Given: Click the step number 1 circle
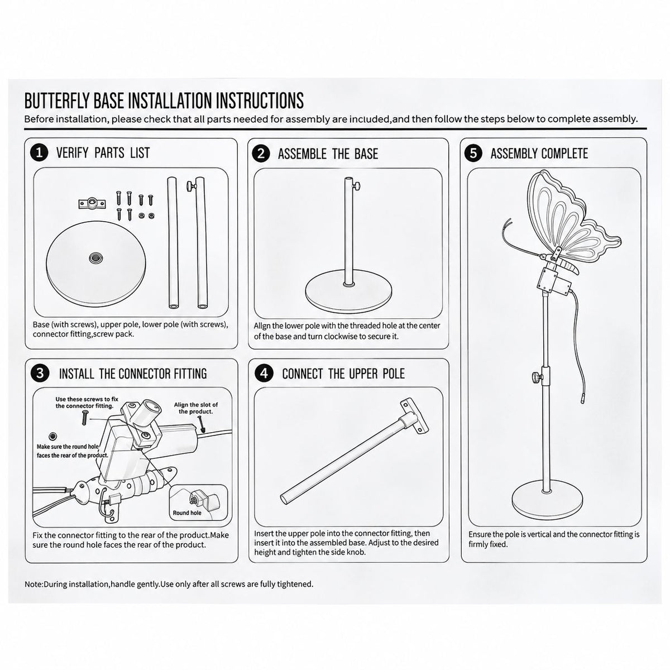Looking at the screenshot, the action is [39, 153].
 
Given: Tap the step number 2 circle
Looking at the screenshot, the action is [261, 154].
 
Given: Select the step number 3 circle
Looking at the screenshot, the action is [40, 373].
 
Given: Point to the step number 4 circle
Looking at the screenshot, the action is [264, 374].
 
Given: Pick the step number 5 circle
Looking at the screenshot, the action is [473, 154].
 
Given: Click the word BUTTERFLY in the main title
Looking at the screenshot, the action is [58, 101].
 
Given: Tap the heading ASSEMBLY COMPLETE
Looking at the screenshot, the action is [539, 154].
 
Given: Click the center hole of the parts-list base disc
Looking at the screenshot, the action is [94, 257].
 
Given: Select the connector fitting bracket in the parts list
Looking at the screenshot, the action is [91, 203].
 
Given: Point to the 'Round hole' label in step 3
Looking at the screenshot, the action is [186, 513].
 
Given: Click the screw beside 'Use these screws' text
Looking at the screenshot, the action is [83, 417].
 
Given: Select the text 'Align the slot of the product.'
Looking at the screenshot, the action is [196, 408].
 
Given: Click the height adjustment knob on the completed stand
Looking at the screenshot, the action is [535, 376].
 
